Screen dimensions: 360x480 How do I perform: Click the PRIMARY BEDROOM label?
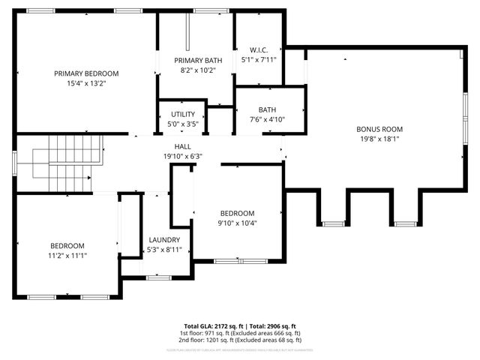(86, 73)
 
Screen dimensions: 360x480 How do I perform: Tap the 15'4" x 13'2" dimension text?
(86, 84)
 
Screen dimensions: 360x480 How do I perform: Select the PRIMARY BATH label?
(198, 60)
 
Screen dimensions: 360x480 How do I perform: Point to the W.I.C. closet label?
(259, 49)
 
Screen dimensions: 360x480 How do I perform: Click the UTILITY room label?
(183, 114)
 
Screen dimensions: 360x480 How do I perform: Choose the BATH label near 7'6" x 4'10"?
(268, 109)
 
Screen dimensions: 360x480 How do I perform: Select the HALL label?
(183, 146)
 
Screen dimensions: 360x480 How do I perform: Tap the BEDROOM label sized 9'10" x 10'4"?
(237, 213)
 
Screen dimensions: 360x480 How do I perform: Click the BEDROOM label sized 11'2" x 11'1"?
(67, 245)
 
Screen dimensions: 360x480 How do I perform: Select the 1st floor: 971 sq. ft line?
(240, 333)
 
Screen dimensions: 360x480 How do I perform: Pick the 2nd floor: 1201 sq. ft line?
(240, 340)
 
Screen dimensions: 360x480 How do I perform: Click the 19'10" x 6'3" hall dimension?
(183, 156)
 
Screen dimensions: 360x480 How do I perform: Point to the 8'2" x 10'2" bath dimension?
(198, 70)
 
